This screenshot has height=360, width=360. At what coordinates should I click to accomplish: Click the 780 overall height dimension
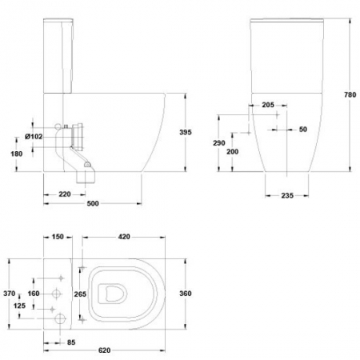pyautogui.click(x=350, y=94)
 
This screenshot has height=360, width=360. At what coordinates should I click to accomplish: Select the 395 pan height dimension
pyautogui.click(x=186, y=132)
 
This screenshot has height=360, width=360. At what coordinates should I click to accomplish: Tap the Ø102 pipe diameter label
pyautogui.click(x=34, y=137)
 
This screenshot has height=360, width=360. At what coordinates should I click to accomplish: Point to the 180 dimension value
pyautogui.click(x=17, y=154)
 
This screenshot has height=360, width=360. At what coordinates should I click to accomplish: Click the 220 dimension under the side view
pyautogui.click(x=65, y=194)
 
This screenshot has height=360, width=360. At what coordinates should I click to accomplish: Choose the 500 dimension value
pyautogui.click(x=93, y=203)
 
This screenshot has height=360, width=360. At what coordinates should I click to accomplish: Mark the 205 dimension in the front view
pyautogui.click(x=268, y=105)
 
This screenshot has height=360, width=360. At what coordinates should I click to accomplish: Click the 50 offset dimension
pyautogui.click(x=303, y=130)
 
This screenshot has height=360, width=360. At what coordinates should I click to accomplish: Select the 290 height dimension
pyautogui.click(x=219, y=143)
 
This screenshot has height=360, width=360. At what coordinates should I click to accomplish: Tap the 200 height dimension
pyautogui.click(x=233, y=152)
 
